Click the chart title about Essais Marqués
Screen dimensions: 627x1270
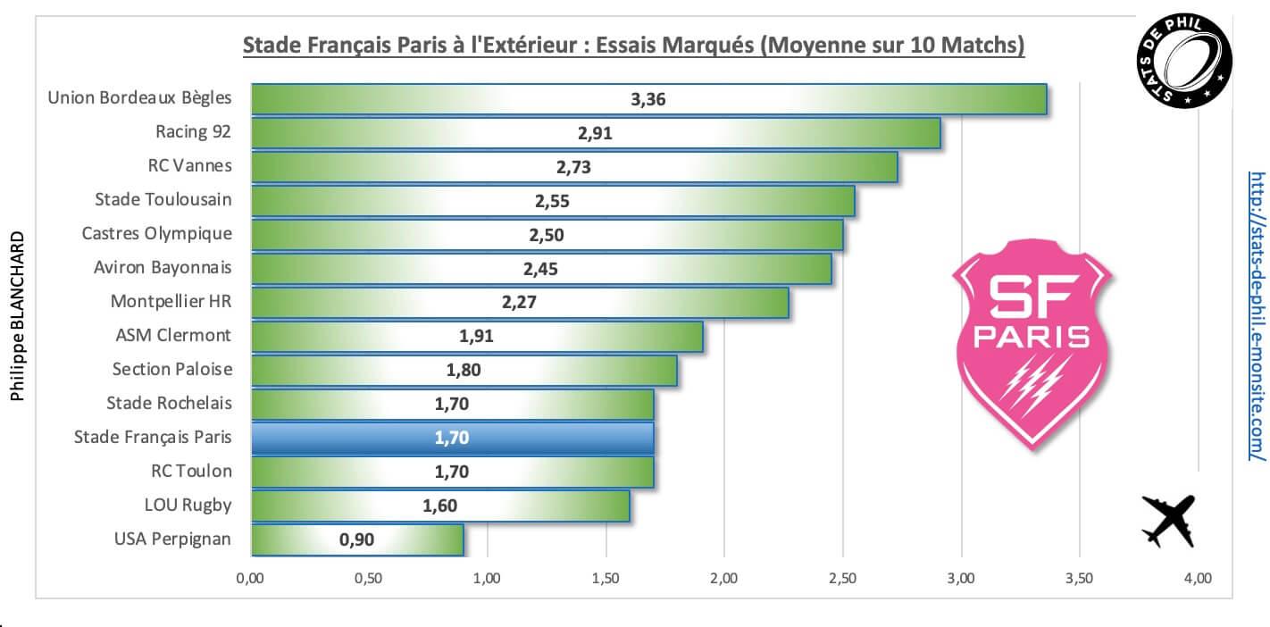point(634,46)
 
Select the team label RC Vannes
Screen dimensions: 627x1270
point(190,165)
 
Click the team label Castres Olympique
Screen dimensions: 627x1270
point(156,233)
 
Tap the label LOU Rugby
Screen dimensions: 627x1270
point(188,505)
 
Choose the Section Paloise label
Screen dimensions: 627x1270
point(171,369)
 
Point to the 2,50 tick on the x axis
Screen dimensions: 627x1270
point(842,579)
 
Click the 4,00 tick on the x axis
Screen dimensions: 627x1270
point(1197,579)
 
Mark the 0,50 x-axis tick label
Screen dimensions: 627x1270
point(368,579)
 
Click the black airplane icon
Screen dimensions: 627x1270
point(1169,522)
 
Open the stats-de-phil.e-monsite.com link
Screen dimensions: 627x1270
point(1257,316)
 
